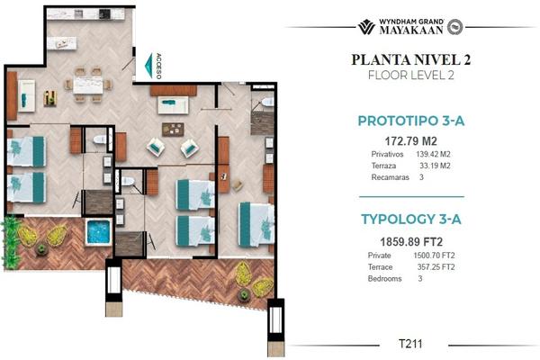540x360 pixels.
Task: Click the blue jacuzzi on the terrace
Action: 98,231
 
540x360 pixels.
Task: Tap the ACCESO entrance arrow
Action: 149,66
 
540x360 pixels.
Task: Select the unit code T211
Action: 410,344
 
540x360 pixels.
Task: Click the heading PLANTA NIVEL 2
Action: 411,59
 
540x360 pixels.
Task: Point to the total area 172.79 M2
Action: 411,141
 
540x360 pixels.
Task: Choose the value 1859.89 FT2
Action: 411,242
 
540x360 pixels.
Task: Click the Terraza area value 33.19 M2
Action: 435,166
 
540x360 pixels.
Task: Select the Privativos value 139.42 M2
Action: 433,154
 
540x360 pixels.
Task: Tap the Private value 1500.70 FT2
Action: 434,256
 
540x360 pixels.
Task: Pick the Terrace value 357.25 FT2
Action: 436,267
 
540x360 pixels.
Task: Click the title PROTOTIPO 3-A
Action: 411,121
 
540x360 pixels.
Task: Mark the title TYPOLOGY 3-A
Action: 411,219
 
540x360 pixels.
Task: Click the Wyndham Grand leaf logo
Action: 366,27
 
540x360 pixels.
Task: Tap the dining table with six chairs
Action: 88,85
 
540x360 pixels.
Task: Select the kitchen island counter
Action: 62,43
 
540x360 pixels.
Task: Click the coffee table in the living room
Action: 173,130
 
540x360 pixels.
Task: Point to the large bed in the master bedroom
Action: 256,225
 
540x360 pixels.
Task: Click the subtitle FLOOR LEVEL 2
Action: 411,75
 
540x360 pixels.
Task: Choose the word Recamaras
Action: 391,177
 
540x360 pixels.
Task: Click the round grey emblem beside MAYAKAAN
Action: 454,27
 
